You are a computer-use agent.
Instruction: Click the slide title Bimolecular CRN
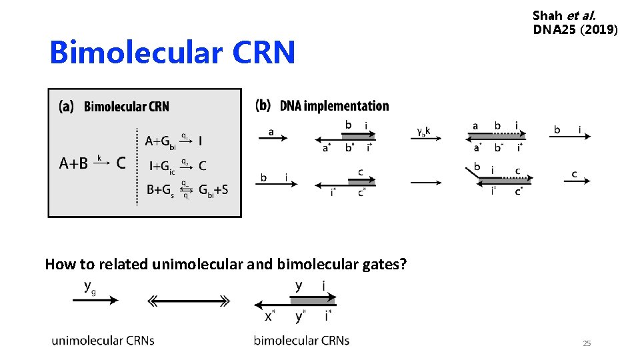click(172, 53)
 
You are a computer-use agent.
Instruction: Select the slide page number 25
click(587, 343)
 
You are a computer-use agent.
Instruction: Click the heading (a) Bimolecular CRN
click(114, 107)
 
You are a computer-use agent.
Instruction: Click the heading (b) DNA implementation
click(322, 106)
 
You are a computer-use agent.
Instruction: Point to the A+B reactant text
click(73, 163)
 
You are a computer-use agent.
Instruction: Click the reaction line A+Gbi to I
click(175, 141)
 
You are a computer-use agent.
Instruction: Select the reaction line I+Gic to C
click(176, 165)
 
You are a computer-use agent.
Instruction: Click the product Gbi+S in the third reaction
click(213, 190)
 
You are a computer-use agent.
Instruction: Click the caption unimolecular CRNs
click(103, 340)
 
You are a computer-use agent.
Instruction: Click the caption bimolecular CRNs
click(301, 340)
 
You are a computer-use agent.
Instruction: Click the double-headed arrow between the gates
click(189, 301)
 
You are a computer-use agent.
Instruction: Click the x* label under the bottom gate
click(269, 316)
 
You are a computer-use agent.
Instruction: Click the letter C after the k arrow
click(122, 163)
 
